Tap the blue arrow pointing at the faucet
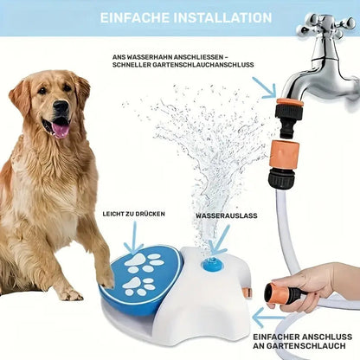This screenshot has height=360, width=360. tap(266, 87)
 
